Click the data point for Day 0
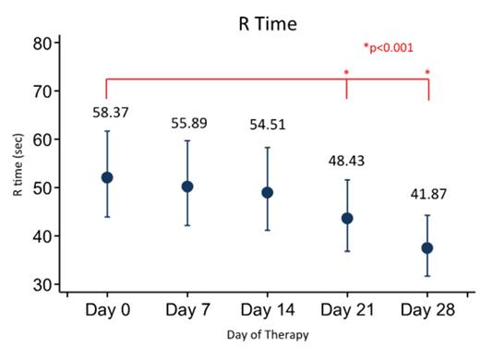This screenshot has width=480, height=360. tap(107, 177)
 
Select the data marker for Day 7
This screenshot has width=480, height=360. tap(187, 186)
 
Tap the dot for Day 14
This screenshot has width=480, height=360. tap(268, 193)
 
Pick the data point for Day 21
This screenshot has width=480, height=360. tap(347, 218)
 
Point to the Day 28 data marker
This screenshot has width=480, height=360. tap(426, 248)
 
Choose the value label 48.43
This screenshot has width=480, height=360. tap(348, 161)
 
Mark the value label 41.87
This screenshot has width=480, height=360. tap(426, 195)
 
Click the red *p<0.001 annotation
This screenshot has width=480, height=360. tap(390, 47)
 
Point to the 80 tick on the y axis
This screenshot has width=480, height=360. tap(41, 42)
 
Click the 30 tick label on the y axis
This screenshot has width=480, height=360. tap(41, 284)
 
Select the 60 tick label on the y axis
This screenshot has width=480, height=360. tap(41, 139)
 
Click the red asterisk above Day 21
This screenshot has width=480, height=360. tap(346, 73)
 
